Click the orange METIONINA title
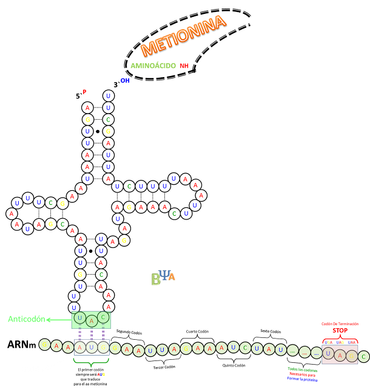tap(183, 36)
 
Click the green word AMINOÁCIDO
tap(153, 66)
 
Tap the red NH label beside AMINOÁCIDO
tap(184, 66)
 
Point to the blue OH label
tap(125, 80)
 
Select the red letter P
tap(84, 92)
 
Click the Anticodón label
tap(26, 319)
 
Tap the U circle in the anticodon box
tap(79, 318)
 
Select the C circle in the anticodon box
tap(104, 318)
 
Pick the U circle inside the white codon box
tap(92, 347)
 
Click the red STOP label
tap(340, 331)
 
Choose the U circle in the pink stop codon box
tap(328, 354)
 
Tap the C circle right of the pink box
tap(363, 356)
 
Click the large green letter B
tap(156, 280)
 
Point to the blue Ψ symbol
tap(164, 275)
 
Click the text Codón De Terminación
tap(340, 324)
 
